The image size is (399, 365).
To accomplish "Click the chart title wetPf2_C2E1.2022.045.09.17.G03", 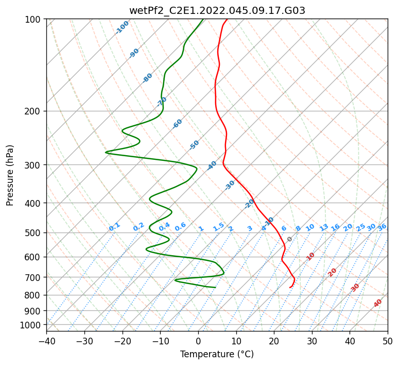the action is click(217, 11).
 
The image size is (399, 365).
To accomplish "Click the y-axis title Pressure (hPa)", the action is click(9, 175).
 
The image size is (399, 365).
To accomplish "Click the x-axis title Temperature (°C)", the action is click(217, 354).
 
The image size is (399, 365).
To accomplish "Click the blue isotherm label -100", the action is click(122, 27).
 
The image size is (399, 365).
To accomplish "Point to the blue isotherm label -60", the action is click(177, 123).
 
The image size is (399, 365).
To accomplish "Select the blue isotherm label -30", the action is click(230, 185).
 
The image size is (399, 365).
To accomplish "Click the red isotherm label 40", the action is click(377, 303).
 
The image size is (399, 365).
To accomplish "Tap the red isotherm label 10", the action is click(310, 256).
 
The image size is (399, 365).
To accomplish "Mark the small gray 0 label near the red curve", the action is click(289, 239).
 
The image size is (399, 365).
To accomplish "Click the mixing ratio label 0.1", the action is click(114, 227).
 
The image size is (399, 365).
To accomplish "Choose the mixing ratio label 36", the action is click(382, 227).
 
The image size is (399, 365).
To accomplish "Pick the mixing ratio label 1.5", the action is click(219, 227).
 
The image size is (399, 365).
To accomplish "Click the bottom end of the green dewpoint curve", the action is click(216, 288).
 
